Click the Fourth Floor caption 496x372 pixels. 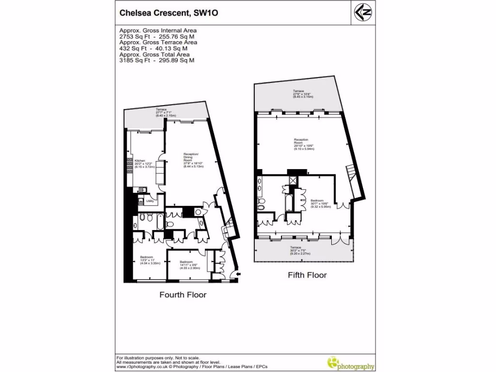click(183, 294)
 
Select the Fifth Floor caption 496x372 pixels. click(307, 275)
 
